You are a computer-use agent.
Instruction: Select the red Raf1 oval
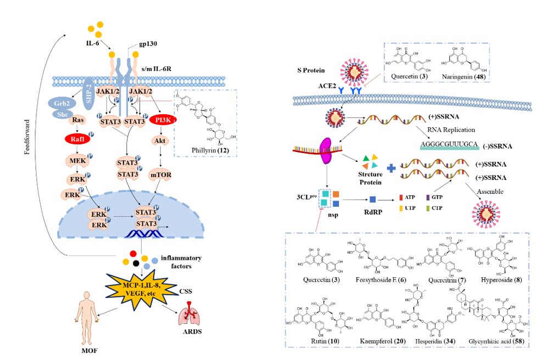click(76, 139)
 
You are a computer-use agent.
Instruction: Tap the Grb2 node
click(59, 103)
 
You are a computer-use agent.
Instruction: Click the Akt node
click(161, 140)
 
